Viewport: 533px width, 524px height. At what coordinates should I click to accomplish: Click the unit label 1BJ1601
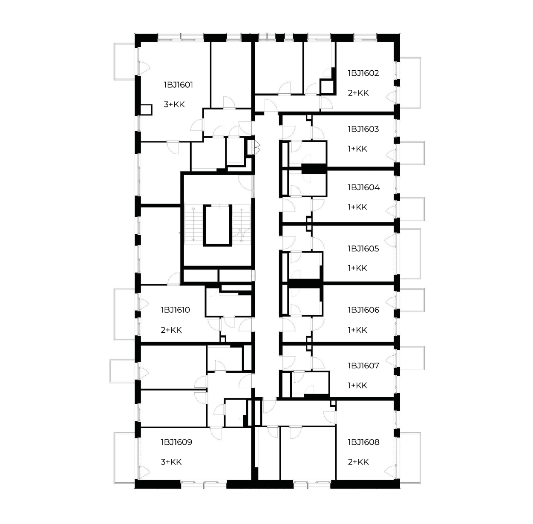pos(178,85)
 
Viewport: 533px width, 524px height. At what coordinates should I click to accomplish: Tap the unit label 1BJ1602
pos(363,73)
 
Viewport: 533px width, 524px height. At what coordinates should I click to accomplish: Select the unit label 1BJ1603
pos(363,129)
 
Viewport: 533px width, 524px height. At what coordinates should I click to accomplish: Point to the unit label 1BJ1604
pos(364,187)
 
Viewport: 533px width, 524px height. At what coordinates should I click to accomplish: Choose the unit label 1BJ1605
pos(363,248)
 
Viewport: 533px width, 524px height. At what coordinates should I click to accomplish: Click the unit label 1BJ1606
pos(363,310)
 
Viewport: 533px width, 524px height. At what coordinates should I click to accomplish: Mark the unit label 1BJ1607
pos(363,366)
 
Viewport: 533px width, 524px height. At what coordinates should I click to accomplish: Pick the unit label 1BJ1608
pos(363,442)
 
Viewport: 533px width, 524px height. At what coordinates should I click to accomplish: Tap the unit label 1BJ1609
pos(176,442)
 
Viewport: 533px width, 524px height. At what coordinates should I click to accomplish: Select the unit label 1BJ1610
pos(176,310)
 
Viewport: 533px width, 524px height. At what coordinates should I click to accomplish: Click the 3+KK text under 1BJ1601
pos(174,104)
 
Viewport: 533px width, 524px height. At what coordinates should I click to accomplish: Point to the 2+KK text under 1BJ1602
pos(358,93)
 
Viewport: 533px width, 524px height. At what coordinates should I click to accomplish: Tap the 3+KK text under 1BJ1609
pos(171,462)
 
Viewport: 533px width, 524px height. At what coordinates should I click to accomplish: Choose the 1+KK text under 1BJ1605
pos(357,268)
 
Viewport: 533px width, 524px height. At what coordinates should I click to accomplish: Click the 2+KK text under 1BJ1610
pos(171,330)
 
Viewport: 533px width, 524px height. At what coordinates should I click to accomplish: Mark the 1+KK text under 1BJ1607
pos(357,386)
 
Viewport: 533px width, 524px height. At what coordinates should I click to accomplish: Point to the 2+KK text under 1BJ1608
pos(358,462)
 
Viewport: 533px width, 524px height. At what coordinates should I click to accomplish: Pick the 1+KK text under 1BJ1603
pos(357,149)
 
